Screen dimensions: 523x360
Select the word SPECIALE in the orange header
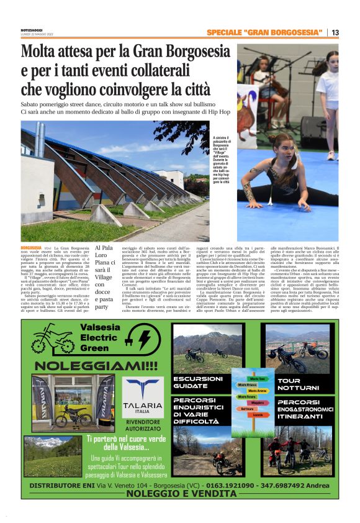tap(225, 32)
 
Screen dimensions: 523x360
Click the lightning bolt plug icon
tap(144, 339)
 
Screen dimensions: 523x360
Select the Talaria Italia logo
tap(143, 395)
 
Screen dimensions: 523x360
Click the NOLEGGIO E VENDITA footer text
tap(181, 494)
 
